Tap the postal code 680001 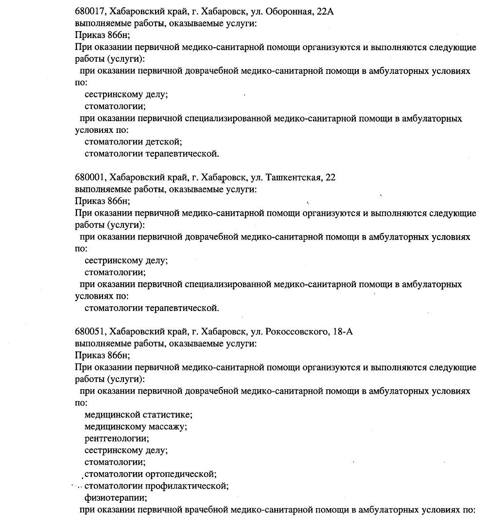point(91,178)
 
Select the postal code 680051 point(91,332)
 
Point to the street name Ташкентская point(294,178)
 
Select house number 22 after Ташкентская point(330,178)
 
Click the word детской point(163,142)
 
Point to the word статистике point(167,415)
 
